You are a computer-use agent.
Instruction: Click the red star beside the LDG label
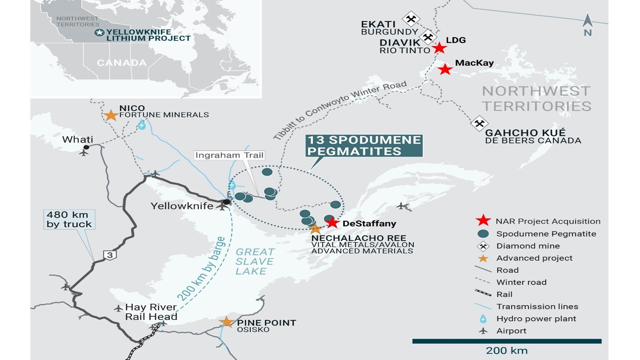click(440, 48)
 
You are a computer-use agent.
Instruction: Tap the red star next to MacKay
click(445, 69)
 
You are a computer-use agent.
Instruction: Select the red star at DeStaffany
click(333, 223)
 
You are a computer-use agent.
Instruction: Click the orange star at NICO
click(110, 115)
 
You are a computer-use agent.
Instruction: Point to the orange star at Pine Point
click(227, 322)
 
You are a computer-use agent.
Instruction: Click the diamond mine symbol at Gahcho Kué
click(479, 124)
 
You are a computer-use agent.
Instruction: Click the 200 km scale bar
click(507, 341)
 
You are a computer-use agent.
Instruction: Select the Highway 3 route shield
click(109, 255)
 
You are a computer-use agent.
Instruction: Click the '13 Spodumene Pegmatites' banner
click(364, 146)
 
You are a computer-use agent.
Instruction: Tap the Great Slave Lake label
click(255, 261)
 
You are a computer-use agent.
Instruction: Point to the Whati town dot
click(86, 147)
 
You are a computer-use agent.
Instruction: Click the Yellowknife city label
click(181, 206)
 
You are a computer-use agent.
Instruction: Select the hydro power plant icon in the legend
click(483, 319)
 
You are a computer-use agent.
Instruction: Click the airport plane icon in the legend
click(483, 331)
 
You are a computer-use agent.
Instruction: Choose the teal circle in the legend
click(483, 234)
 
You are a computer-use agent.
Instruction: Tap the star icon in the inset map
click(100, 32)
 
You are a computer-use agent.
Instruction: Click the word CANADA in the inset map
click(122, 63)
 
